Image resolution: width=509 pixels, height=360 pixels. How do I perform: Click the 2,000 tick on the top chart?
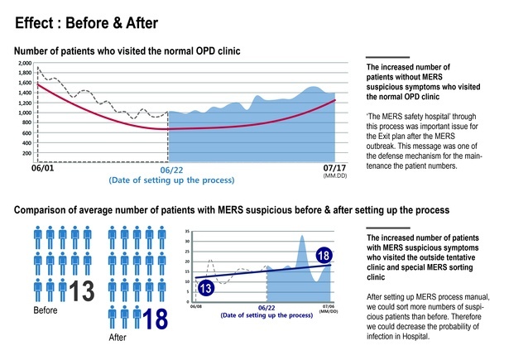pyautogui.click(x=24, y=63)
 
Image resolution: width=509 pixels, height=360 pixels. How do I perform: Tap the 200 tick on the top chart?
pyautogui.click(x=26, y=153)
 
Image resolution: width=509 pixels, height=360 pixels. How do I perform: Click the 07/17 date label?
pyautogui.click(x=334, y=167)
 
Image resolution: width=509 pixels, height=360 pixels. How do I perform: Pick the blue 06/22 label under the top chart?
pyautogui.click(x=171, y=169)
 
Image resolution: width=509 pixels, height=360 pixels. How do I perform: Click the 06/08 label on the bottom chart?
pyautogui.click(x=195, y=306)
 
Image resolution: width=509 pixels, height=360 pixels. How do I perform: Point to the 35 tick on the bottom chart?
pyautogui.click(x=188, y=233)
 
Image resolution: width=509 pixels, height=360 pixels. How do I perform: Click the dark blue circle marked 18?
pyautogui.click(x=325, y=257)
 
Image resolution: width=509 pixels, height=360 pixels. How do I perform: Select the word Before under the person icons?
pyautogui.click(x=46, y=313)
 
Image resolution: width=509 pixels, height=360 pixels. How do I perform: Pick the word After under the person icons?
pyautogui.click(x=119, y=338)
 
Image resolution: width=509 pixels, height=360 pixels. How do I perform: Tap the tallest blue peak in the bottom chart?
pyautogui.click(x=303, y=237)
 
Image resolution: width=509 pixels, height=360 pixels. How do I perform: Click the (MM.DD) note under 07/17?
pyautogui.click(x=334, y=176)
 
